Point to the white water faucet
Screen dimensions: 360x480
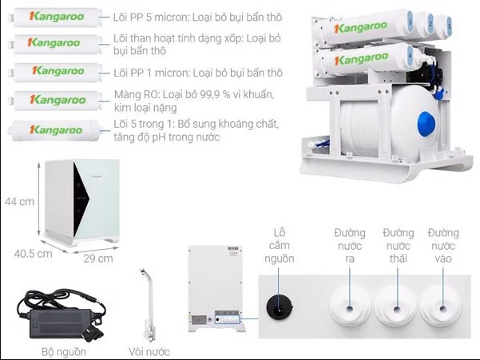pyautogui.click(x=149, y=303)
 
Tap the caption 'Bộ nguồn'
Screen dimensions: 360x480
pyautogui.click(x=64, y=350)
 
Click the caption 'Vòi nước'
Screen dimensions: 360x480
pyautogui.click(x=149, y=350)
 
